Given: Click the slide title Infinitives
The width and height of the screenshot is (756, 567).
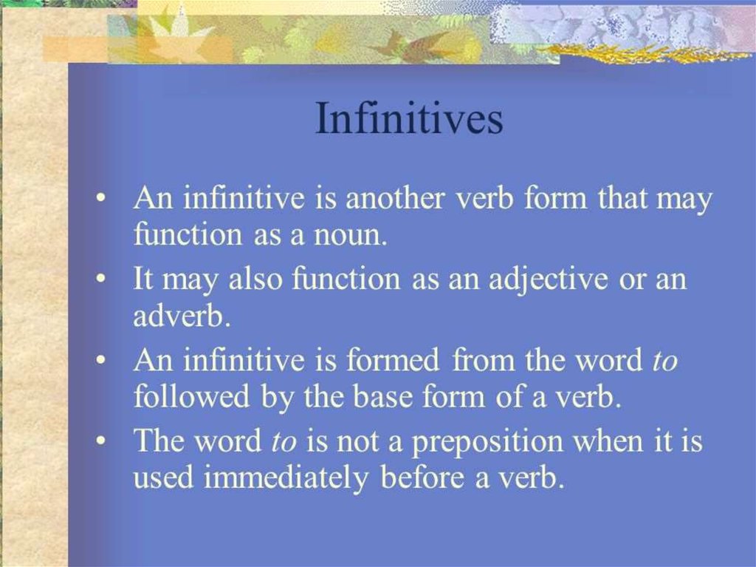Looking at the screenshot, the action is coord(409,118).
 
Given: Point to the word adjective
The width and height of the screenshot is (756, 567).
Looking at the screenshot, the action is coord(549,280).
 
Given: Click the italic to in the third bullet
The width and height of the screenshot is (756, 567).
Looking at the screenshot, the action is coord(665,361).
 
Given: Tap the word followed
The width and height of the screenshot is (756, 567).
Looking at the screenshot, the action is coord(191,396).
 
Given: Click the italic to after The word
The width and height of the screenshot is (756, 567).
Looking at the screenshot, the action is coord(283,442).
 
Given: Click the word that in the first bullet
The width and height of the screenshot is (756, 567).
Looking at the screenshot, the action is coord(623,198).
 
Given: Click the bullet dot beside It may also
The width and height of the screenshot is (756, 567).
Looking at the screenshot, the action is coord(100,279).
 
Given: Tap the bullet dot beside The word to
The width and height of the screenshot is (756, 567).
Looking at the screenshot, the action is coord(100,441).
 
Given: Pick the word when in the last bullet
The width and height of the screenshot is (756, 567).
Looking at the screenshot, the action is coord(608,441).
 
